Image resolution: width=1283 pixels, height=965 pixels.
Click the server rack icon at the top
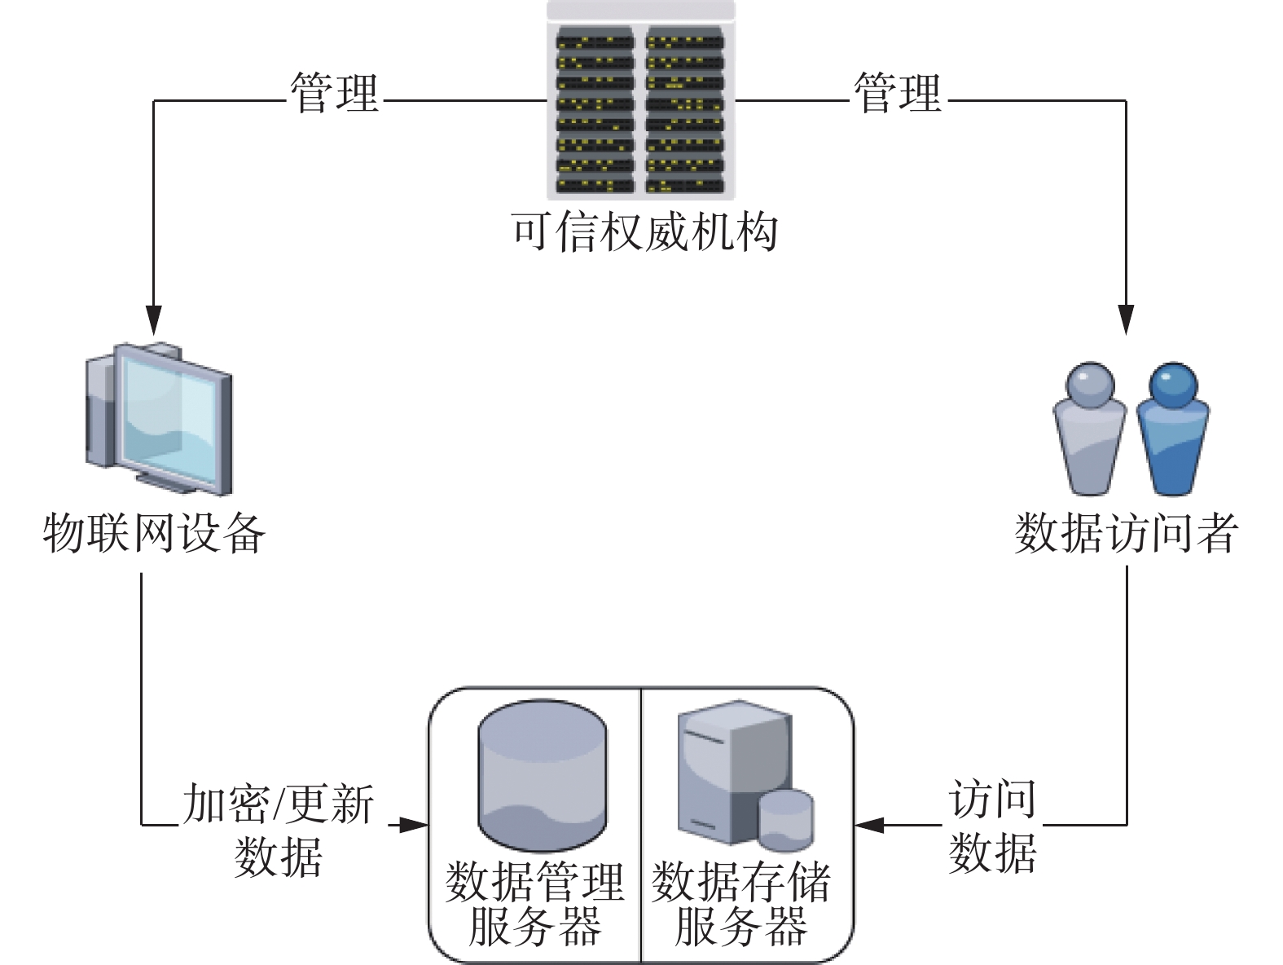click(x=640, y=99)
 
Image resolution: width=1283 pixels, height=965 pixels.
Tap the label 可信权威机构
click(x=644, y=232)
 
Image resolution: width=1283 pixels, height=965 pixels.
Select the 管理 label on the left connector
click(x=334, y=93)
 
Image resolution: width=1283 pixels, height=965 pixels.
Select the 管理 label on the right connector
click(x=898, y=93)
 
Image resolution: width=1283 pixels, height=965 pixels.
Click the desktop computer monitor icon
click(x=159, y=419)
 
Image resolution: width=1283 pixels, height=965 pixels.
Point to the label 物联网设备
click(x=154, y=533)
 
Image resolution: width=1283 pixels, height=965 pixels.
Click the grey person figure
click(x=1090, y=429)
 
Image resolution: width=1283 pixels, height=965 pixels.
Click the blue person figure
click(x=1173, y=429)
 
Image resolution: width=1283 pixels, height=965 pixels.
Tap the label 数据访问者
click(x=1127, y=533)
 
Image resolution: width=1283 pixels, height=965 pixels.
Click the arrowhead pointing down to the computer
click(x=154, y=320)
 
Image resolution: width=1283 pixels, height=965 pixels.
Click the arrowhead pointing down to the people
click(x=1126, y=320)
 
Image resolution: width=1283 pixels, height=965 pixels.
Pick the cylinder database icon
click(x=543, y=775)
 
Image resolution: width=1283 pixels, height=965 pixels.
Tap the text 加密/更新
click(x=279, y=804)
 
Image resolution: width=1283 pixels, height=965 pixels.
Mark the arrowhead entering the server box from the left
click(x=414, y=825)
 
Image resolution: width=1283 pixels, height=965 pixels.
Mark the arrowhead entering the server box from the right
click(x=869, y=825)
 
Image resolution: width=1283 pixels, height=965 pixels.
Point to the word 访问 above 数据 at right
click(x=992, y=798)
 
